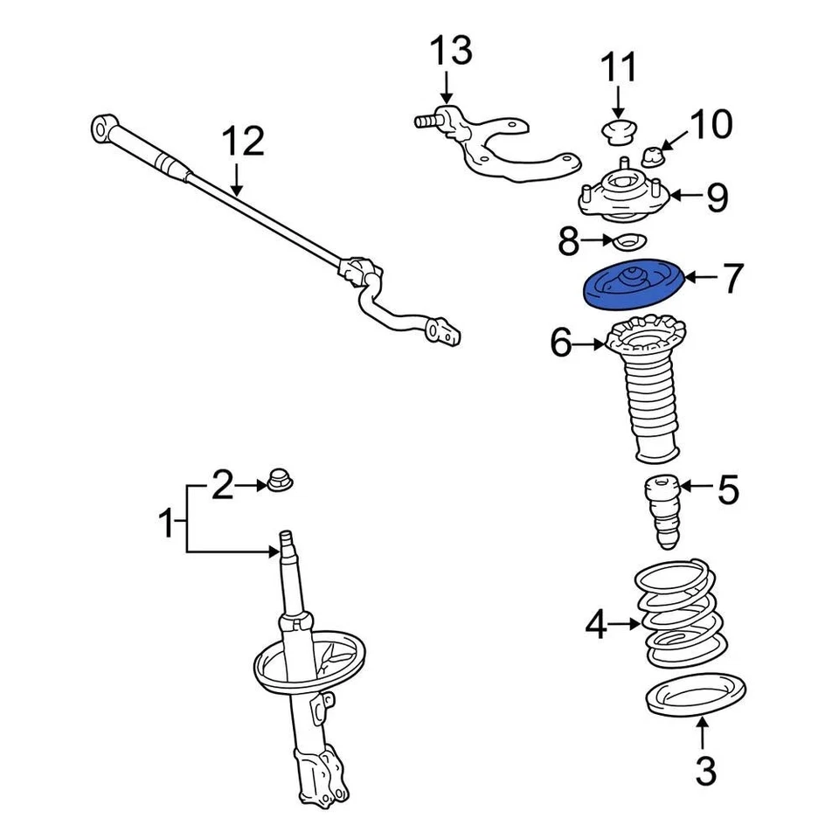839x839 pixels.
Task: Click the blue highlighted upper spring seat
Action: pyautogui.click(x=634, y=289)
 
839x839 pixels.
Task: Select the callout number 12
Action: pyautogui.click(x=242, y=142)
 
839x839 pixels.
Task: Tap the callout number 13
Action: pyautogui.click(x=450, y=52)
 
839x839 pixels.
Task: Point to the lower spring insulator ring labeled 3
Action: pyautogui.click(x=696, y=697)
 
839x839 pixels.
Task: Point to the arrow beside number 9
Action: pyautogui.click(x=684, y=197)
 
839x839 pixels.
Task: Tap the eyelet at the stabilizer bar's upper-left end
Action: pyautogui.click(x=101, y=129)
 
